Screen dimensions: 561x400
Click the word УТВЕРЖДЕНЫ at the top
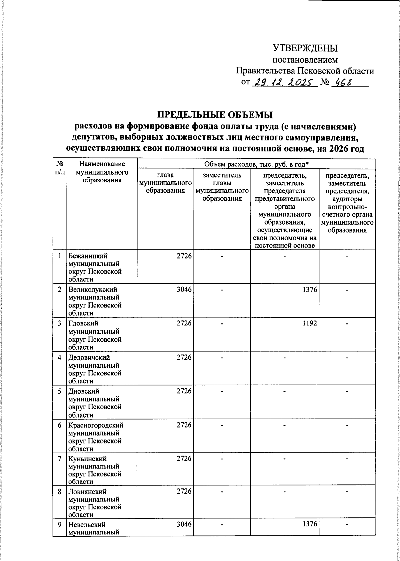pyautogui.click(x=305, y=49)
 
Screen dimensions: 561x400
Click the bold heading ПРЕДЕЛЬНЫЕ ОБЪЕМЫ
pyautogui.click(x=215, y=115)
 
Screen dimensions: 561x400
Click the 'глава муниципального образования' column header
pyautogui.click(x=165, y=183)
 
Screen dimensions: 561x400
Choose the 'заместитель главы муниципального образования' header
pyautogui.click(x=222, y=187)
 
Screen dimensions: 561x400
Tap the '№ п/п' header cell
pyautogui.click(x=60, y=168)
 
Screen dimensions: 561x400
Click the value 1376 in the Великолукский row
pyautogui.click(x=310, y=290)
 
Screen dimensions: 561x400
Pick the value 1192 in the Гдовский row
pyautogui.click(x=310, y=323)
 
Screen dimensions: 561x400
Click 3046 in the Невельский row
pyautogui.click(x=184, y=525)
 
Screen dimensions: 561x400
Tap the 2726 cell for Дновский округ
pyautogui.click(x=184, y=391)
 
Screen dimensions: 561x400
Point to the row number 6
pyautogui.click(x=60, y=425)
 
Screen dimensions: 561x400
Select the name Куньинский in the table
pyautogui.click(x=87, y=459)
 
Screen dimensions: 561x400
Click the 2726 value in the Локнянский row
pyautogui.click(x=184, y=491)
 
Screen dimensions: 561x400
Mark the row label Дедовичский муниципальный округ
pyautogui.click(x=95, y=369)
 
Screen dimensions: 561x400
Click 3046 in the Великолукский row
pyautogui.click(x=184, y=290)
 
